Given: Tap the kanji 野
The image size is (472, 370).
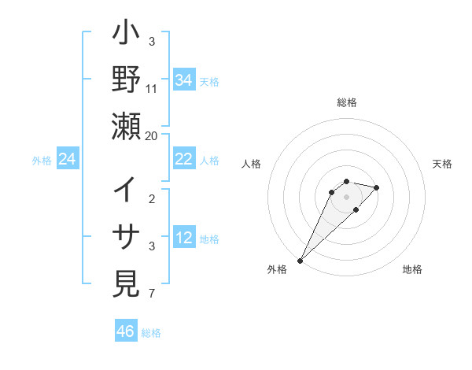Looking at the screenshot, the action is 126,81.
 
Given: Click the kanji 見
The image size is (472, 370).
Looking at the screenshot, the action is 126,282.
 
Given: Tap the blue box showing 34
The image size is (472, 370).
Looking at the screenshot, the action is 183,80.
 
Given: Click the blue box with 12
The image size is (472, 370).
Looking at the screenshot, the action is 183,238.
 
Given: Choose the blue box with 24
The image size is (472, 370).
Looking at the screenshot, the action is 67,160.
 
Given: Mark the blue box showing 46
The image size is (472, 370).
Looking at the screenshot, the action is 126,331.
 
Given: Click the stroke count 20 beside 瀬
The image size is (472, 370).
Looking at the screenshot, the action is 151,135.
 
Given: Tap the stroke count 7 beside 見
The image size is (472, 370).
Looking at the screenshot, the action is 153,294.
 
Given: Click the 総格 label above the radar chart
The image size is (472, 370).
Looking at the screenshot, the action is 346,102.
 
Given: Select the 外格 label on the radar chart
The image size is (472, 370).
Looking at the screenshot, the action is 277,269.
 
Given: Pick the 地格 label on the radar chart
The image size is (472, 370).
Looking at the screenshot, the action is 412,269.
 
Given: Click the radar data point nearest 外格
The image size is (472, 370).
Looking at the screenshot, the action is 301,261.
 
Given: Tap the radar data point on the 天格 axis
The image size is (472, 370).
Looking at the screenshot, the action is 377,187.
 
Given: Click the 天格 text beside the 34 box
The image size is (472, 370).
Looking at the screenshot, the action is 209,82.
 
